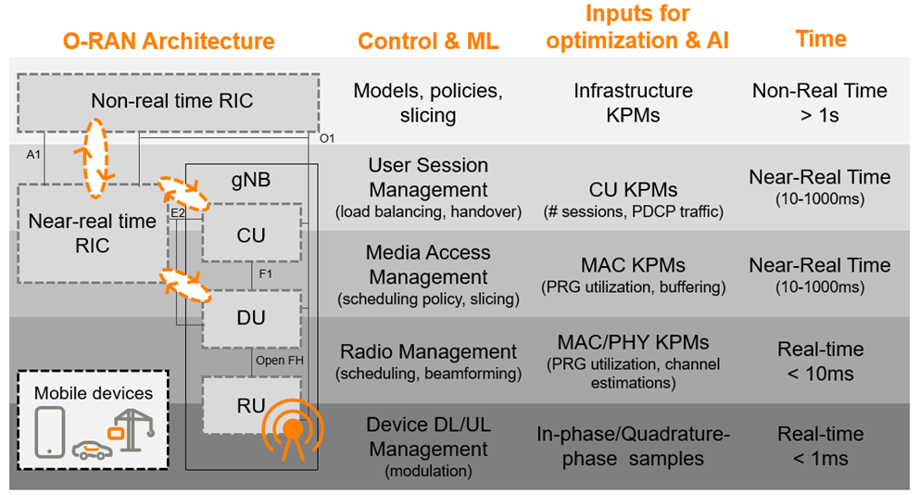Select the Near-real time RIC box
tap(93, 234)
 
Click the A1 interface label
tap(33, 155)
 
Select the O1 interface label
tap(326, 139)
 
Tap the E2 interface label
tap(178, 213)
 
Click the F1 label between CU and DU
tap(265, 276)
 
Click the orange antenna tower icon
tap(293, 431)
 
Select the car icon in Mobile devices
tap(92, 449)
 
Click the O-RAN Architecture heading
tap(168, 42)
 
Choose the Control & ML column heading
tap(428, 42)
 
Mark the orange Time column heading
tap(820, 39)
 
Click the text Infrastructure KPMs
tap(633, 102)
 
